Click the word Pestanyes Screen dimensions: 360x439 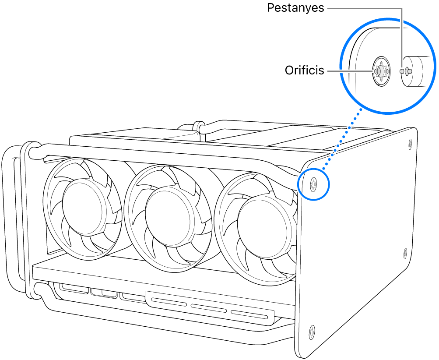pyautogui.click(x=295, y=8)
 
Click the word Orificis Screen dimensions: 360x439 pyautogui.click(x=304, y=70)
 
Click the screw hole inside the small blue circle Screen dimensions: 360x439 pyautogui.click(x=313, y=184)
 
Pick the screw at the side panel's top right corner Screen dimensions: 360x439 pyautogui.click(x=410, y=142)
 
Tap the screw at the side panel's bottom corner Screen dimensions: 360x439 pyautogui.click(x=312, y=332)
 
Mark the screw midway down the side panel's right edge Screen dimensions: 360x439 pyautogui.click(x=405, y=253)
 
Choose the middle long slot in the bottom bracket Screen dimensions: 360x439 pyautogui.click(x=208, y=308)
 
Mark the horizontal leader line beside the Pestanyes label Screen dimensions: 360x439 pyautogui.click(x=363, y=8)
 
